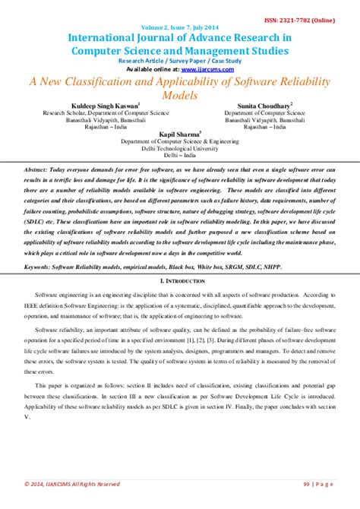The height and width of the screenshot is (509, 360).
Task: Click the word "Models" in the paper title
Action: point(178,95)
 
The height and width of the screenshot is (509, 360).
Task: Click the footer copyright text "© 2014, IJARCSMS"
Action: point(46,484)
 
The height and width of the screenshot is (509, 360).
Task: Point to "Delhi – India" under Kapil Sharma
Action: point(178,156)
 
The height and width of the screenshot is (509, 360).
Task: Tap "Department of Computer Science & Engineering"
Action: point(178,141)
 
